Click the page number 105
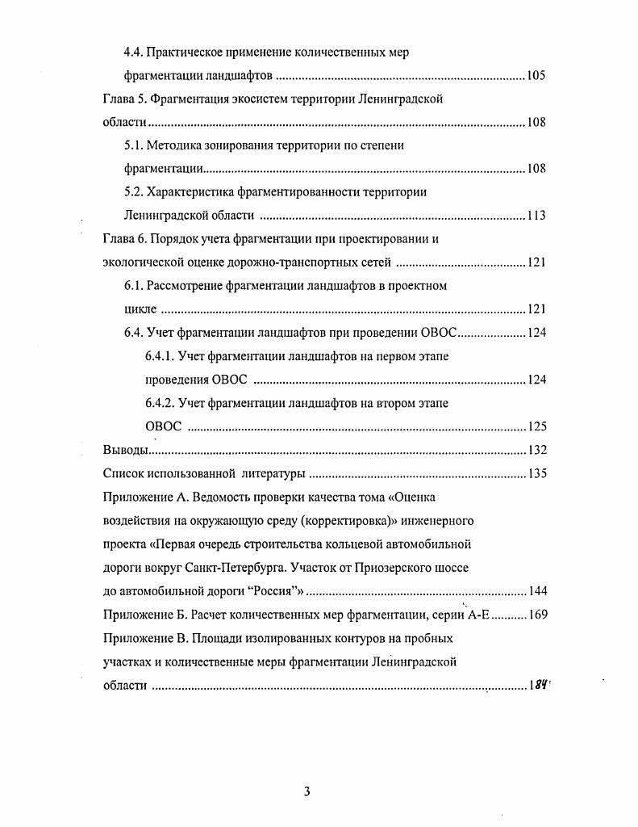[536, 76]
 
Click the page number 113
[536, 216]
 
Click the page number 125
[536, 426]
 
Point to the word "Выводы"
[126, 450]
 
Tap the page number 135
[536, 473]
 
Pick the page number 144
[536, 590]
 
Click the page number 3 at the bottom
[306, 791]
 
